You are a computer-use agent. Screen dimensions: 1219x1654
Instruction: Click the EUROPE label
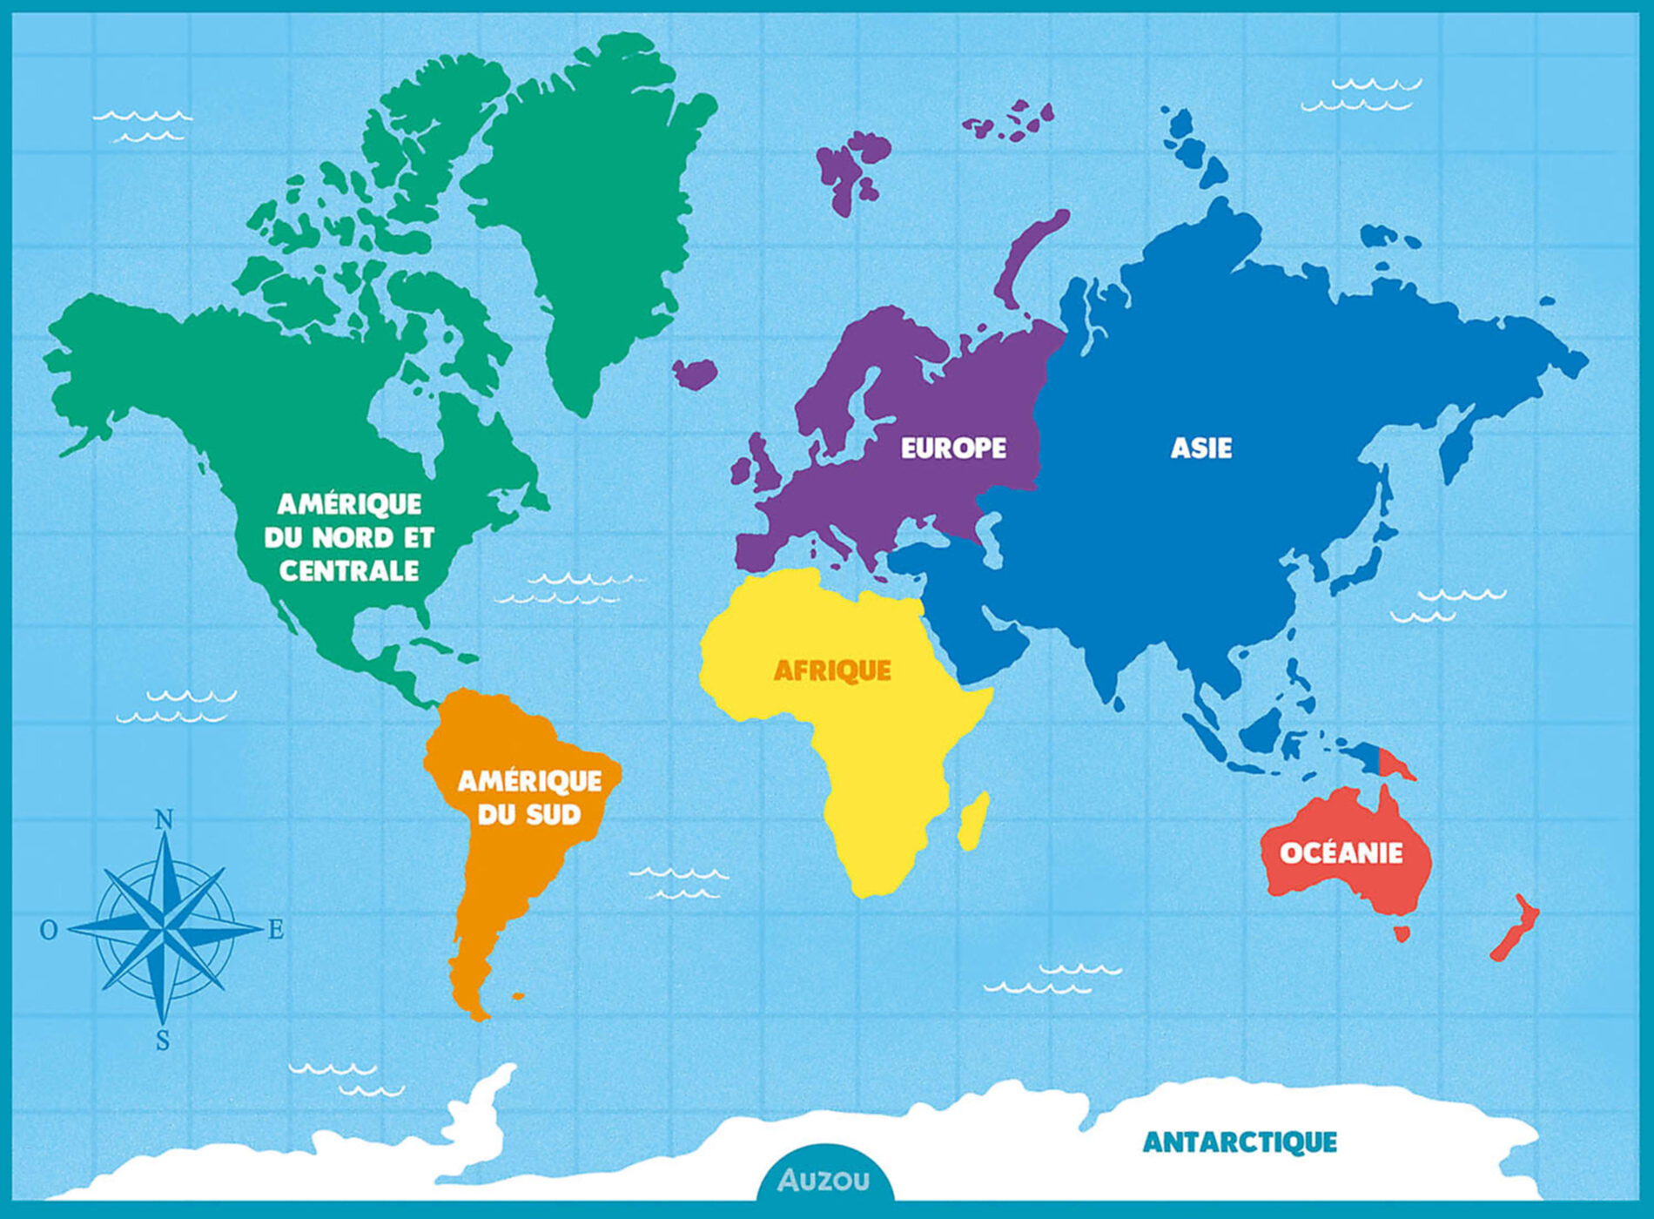click(953, 448)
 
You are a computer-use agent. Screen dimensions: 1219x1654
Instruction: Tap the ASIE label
click(1200, 448)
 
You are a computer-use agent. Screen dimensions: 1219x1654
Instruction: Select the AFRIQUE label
click(832, 670)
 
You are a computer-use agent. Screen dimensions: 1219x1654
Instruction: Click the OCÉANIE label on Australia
click(1341, 852)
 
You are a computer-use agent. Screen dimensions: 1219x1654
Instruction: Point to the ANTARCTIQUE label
click(1240, 1142)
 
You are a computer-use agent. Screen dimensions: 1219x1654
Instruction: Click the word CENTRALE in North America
click(349, 571)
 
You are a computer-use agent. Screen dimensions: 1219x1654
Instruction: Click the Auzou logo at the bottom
click(824, 1180)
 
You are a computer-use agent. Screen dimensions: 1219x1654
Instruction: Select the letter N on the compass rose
click(164, 819)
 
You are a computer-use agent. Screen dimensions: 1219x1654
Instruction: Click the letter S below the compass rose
click(163, 1041)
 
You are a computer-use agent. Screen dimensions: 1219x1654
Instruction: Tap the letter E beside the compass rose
click(275, 930)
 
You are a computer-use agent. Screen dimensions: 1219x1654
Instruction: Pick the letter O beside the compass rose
click(49, 930)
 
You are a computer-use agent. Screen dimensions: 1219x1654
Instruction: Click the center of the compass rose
click(164, 930)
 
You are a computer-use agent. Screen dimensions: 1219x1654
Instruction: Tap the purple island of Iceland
click(695, 374)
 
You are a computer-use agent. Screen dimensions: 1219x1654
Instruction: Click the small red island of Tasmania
click(1402, 934)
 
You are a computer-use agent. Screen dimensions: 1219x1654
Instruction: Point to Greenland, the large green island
click(592, 218)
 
